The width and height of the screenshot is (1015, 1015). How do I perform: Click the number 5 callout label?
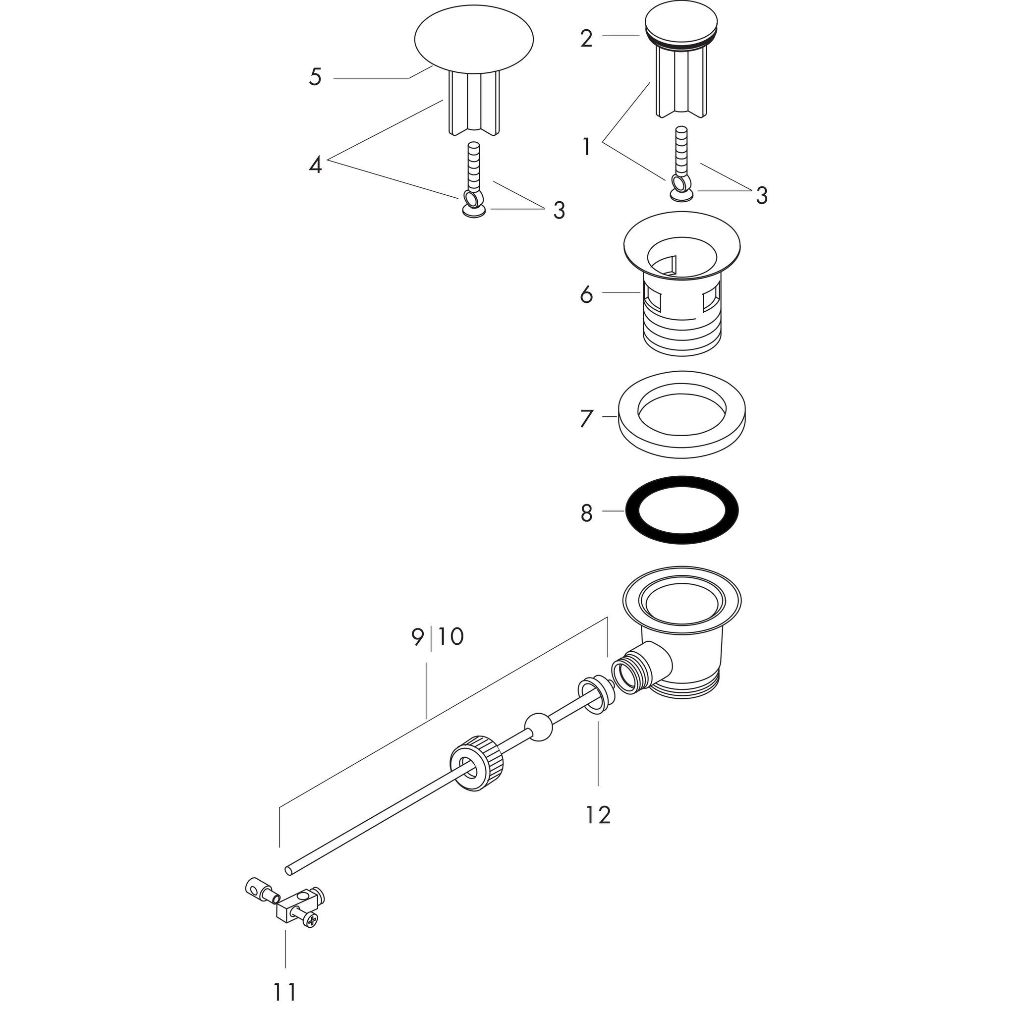[x=315, y=77]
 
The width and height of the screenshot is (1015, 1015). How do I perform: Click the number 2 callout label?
[x=586, y=39]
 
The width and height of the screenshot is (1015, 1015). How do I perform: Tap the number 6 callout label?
[x=586, y=295]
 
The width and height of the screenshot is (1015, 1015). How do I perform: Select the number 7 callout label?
[x=586, y=419]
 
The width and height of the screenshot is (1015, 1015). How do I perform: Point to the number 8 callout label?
[x=586, y=513]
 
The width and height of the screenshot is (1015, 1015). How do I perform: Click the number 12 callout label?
[x=598, y=815]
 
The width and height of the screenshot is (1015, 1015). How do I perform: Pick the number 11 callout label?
[x=285, y=992]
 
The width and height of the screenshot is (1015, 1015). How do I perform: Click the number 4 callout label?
[x=315, y=166]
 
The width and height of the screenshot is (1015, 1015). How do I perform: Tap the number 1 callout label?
[x=586, y=147]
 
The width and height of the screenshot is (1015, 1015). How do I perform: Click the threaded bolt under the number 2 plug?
[x=681, y=152]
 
